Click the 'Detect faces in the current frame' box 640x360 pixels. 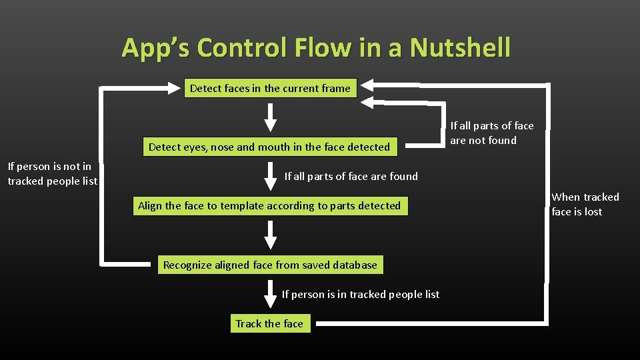coord(270,88)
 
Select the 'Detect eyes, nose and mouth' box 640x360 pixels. coord(269,147)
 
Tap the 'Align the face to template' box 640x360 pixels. coord(269,205)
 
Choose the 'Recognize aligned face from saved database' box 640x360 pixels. coord(270,265)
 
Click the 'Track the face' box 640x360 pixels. coord(269,323)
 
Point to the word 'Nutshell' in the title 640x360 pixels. coord(460,48)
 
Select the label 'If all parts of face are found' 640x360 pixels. coord(351,176)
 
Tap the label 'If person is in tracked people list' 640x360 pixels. coord(360,294)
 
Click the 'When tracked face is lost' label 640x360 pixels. coord(585,204)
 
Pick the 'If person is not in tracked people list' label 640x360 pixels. coord(52,173)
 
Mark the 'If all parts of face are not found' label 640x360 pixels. coord(492,133)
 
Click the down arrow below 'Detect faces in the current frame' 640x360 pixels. coord(270,118)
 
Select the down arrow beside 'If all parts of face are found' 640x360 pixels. coord(270,177)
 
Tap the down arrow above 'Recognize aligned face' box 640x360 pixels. coord(270,235)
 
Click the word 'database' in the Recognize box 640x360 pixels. coord(352,265)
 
